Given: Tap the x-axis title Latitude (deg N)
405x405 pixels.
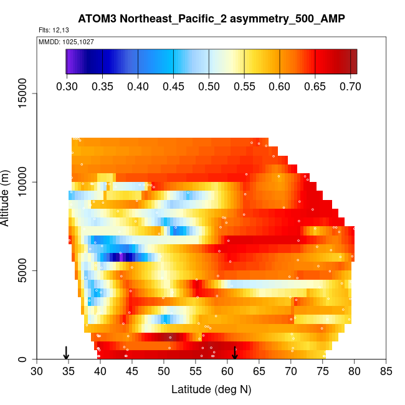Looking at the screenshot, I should (211, 389).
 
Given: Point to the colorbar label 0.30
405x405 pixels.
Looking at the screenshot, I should (67, 86).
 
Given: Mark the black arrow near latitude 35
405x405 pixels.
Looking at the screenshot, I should (67, 353).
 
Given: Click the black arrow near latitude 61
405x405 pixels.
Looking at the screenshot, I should (235, 353).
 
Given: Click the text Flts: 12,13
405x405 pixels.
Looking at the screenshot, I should (52, 30).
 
